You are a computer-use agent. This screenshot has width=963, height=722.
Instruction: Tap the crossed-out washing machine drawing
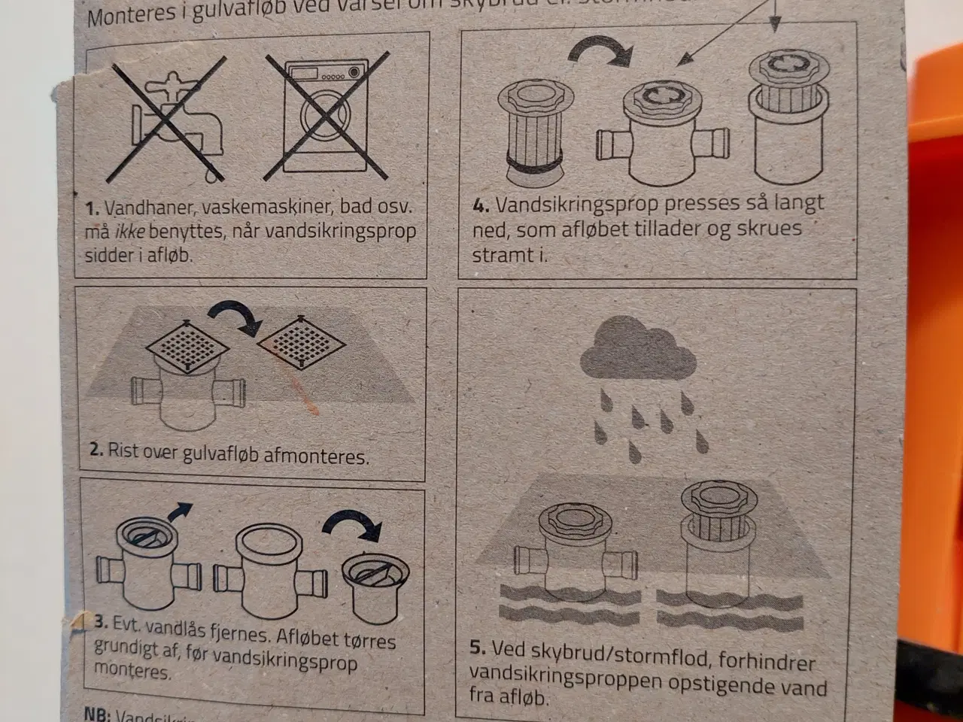pyautogui.click(x=326, y=117)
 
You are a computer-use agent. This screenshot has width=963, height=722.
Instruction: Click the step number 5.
pyautogui.click(x=477, y=649)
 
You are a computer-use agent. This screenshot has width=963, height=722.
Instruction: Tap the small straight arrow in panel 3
pyautogui.click(x=178, y=516)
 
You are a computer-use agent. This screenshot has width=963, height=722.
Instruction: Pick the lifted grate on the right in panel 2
pyautogui.click(x=302, y=342)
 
